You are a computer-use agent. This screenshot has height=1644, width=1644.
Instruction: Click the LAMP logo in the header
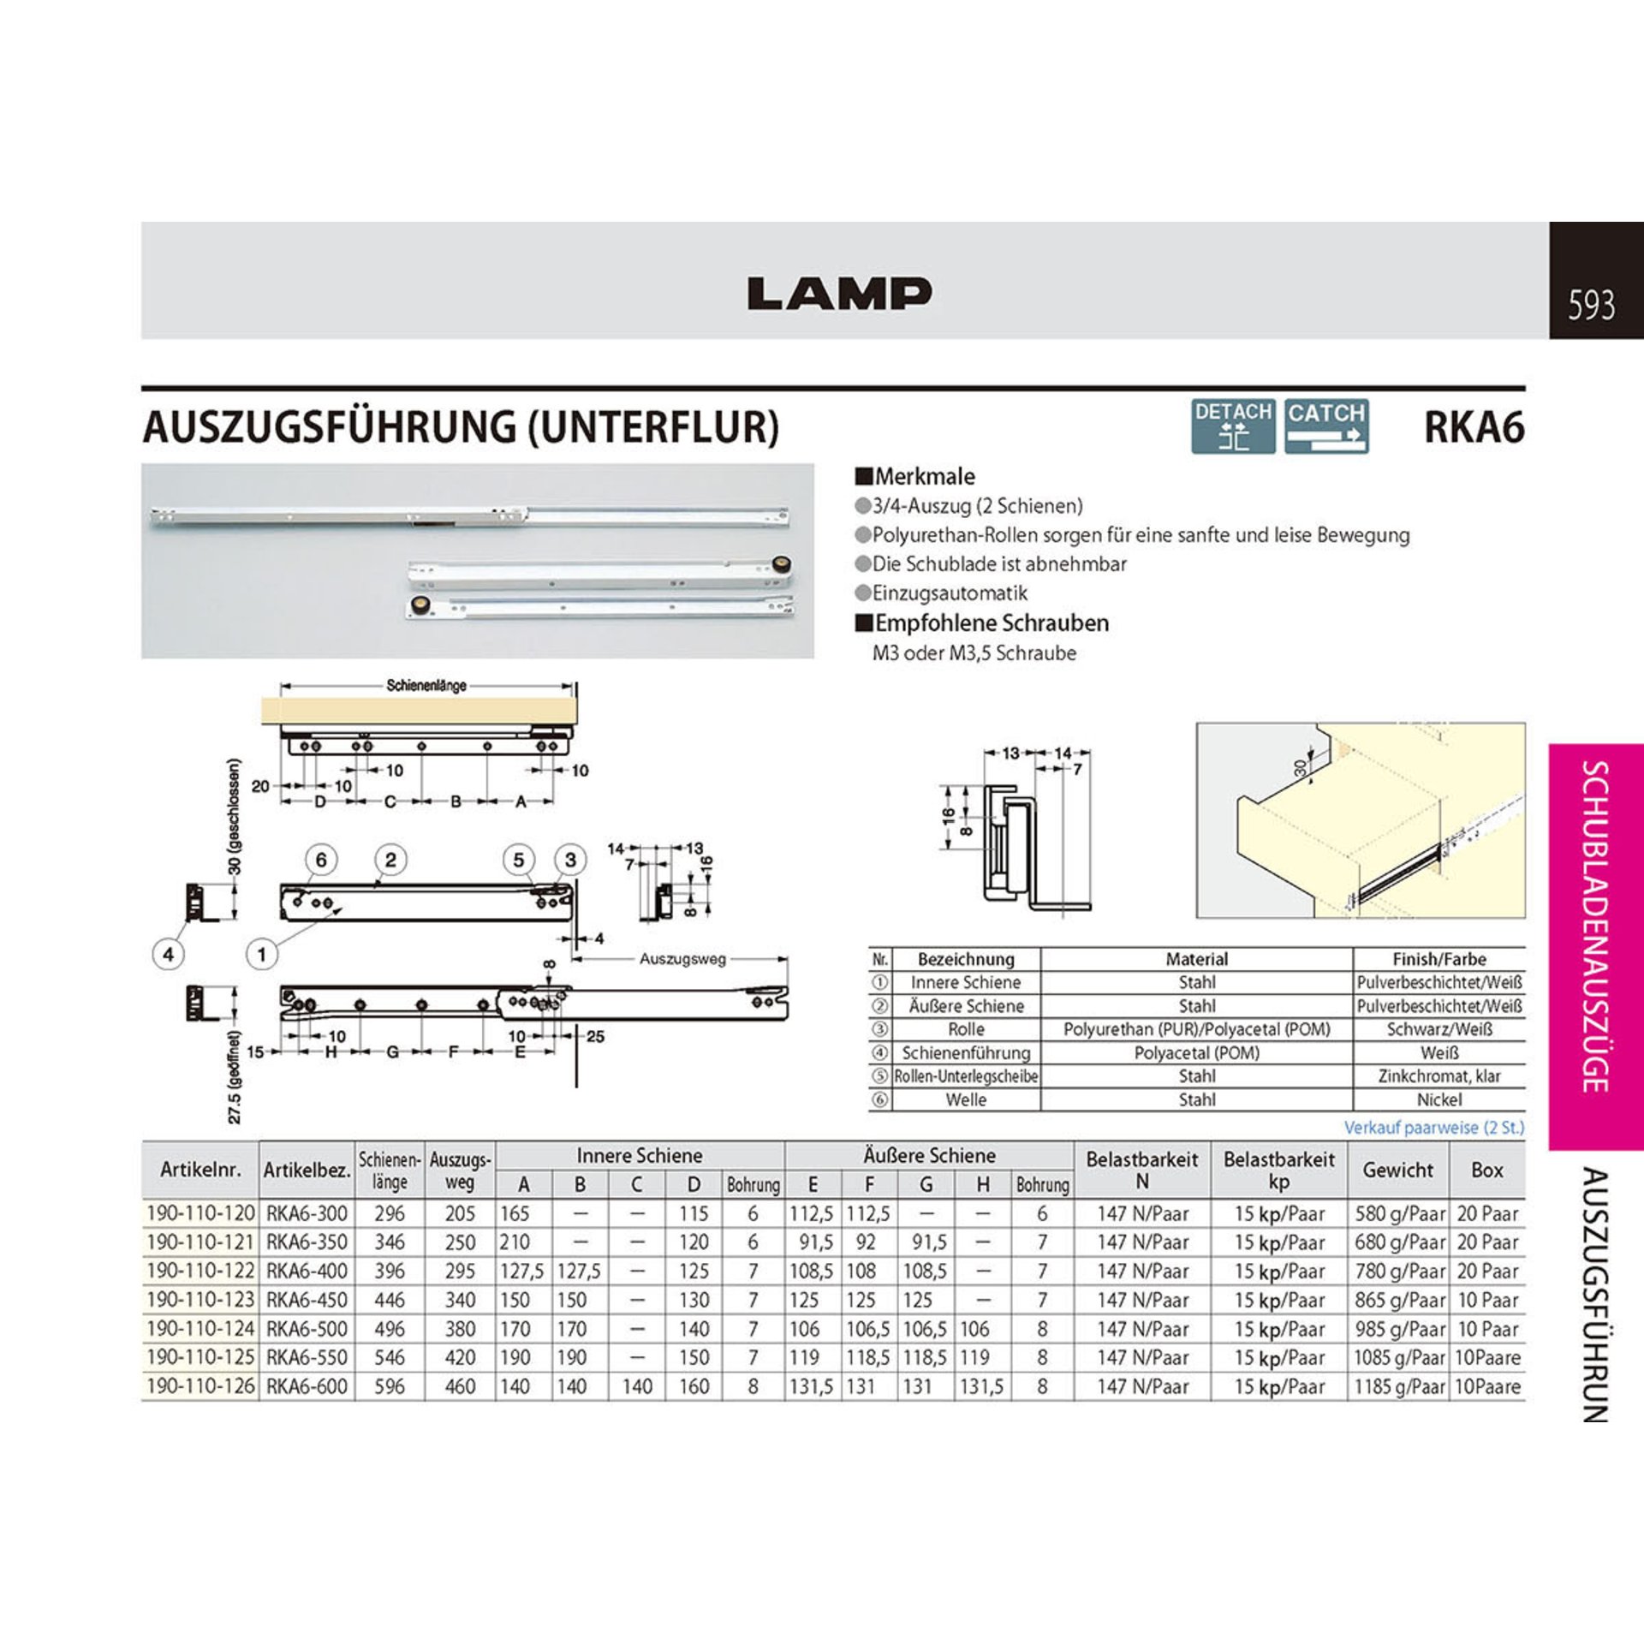click(839, 293)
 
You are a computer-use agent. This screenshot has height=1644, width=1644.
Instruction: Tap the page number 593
click(1592, 306)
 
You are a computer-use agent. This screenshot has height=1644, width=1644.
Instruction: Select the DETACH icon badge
click(1233, 426)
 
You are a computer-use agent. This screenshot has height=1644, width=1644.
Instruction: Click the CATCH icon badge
click(1326, 426)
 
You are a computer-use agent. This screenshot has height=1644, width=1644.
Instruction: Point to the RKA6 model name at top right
click(1474, 426)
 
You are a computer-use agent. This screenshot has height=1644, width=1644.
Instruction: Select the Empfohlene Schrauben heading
click(981, 622)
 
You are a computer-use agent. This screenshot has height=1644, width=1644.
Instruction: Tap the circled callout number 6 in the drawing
click(321, 859)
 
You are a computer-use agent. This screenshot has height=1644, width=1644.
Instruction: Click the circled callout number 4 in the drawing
click(169, 954)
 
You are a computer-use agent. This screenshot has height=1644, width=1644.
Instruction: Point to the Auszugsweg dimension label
click(682, 959)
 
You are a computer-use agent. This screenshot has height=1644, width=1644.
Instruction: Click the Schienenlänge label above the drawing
click(426, 686)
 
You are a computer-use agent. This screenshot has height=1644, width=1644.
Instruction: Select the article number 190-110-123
click(200, 1300)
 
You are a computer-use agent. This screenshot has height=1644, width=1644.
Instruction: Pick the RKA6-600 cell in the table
click(307, 1386)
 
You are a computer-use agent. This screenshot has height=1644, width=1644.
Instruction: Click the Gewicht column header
click(1397, 1170)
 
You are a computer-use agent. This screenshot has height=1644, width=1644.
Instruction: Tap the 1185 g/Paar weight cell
click(1399, 1386)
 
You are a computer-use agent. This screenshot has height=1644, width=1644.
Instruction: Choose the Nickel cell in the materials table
click(1439, 1099)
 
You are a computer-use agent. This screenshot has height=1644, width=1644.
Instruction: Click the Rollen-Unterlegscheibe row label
click(966, 1076)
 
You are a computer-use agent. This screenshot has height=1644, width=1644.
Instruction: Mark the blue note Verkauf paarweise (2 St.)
click(1434, 1127)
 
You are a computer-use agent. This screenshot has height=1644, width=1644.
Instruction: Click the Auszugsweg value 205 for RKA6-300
click(460, 1213)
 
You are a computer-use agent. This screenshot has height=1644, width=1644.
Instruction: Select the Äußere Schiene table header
click(929, 1155)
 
